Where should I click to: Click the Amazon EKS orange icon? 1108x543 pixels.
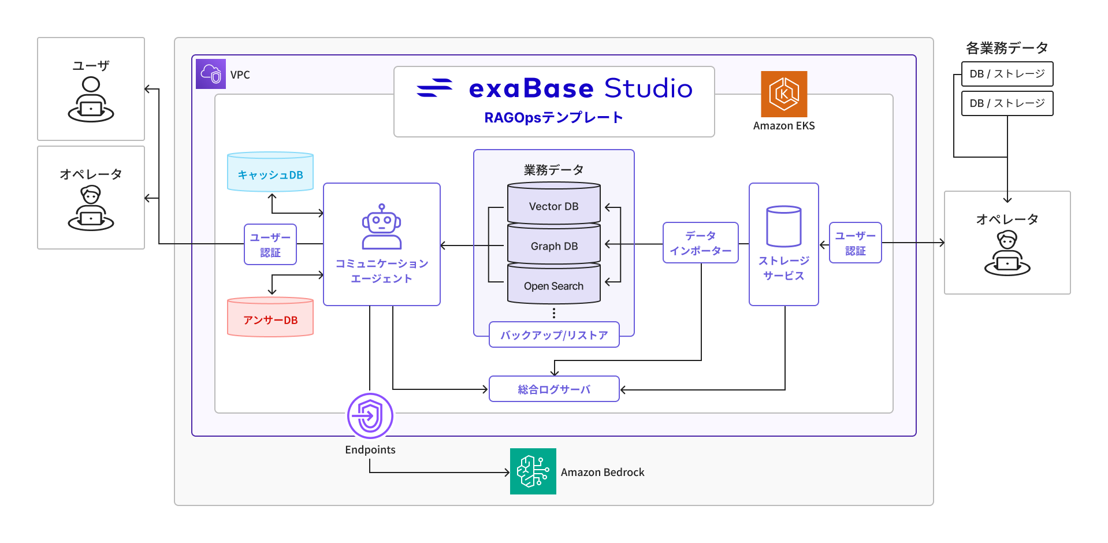(783, 94)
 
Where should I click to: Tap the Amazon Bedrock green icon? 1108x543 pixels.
(533, 471)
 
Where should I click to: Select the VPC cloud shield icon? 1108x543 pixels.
(211, 74)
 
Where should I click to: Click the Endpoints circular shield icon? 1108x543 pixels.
(370, 416)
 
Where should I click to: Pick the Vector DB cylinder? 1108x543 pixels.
(553, 203)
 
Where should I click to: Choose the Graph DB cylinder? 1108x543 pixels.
(553, 245)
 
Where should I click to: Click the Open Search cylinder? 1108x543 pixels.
(553, 285)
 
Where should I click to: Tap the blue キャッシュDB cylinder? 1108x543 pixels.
(270, 172)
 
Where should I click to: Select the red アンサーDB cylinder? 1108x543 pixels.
(270, 317)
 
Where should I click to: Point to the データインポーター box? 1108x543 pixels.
(700, 243)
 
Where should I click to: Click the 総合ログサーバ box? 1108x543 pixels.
(553, 389)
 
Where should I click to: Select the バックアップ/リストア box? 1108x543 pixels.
(553, 334)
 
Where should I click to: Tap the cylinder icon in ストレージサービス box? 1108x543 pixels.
(783, 226)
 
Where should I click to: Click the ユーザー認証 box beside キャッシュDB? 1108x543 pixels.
(270, 244)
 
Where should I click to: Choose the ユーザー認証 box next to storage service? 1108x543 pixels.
(855, 243)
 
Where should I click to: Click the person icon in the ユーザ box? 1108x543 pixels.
(91, 101)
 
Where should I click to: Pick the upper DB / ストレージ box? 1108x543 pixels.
(1007, 73)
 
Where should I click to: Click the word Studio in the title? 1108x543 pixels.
(648, 88)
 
